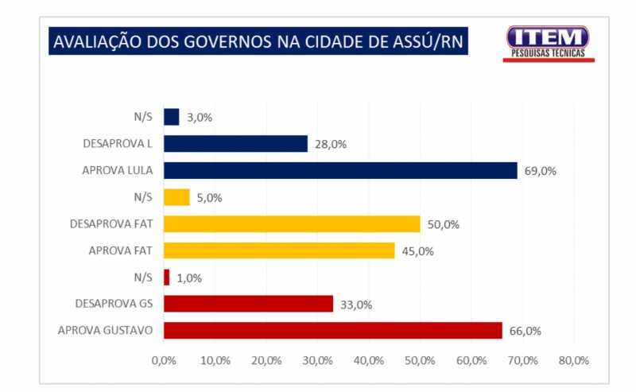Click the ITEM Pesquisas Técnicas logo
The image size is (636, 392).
point(548,43)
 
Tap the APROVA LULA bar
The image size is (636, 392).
point(340,170)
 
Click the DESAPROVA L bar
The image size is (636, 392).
point(235,144)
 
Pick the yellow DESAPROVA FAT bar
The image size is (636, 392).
point(292,224)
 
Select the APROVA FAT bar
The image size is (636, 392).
point(279,250)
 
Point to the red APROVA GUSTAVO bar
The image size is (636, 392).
point(332,331)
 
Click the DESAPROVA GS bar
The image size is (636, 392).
point(248,304)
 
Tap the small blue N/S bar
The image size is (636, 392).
point(171,117)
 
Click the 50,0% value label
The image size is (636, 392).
point(443,224)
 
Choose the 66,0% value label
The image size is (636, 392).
point(525,331)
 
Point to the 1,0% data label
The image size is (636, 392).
point(189,278)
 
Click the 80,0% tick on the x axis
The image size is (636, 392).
point(573,360)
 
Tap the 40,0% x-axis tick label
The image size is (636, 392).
point(368,360)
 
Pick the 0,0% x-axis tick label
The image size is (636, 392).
point(164,360)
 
